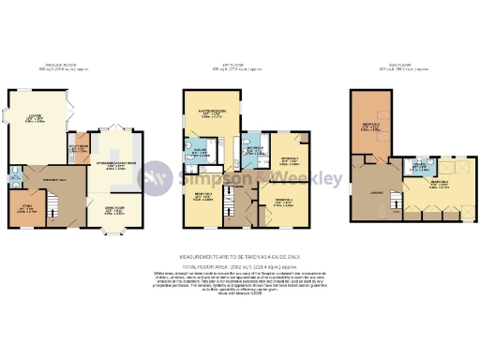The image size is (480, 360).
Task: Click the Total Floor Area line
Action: click(240, 266)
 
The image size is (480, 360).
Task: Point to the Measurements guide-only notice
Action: click(240, 256)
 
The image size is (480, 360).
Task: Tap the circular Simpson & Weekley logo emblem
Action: click(155, 178)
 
